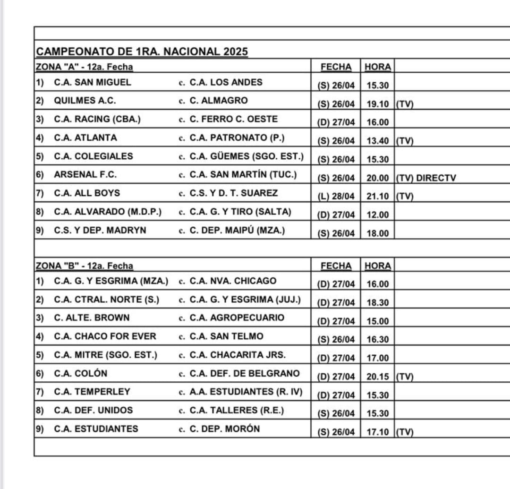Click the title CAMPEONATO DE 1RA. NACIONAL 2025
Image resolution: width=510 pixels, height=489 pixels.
tap(142, 51)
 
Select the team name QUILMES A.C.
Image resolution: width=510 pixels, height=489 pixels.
tap(85, 101)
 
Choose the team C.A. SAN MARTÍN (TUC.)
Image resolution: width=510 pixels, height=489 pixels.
tap(243, 174)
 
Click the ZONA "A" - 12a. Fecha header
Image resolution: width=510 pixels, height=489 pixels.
tap(85, 67)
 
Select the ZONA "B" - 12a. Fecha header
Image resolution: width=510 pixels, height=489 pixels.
tap(85, 266)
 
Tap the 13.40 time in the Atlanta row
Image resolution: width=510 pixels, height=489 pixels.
tap(377, 141)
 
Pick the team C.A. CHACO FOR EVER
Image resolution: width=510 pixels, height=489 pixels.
tap(105, 336)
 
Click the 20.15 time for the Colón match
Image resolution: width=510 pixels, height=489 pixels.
tap(377, 377)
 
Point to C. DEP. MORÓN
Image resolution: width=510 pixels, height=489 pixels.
tap(225, 429)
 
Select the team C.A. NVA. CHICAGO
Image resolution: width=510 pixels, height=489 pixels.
tap(233, 281)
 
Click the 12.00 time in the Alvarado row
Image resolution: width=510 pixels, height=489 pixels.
tap(377, 215)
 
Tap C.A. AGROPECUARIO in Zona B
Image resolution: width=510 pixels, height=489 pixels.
tap(237, 317)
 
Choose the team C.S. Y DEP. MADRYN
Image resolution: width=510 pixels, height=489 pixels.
tap(100, 230)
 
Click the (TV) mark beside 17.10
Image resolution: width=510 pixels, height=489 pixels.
tap(405, 432)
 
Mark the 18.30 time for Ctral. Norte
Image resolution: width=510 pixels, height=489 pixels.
tap(377, 302)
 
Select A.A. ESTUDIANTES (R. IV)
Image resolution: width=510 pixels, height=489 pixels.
tap(246, 392)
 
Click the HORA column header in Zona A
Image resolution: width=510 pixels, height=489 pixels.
tap(378, 67)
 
